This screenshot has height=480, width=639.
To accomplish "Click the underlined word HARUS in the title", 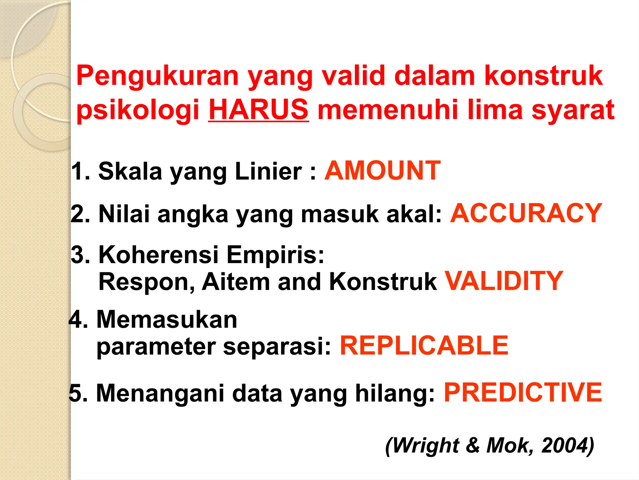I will pos(259,109).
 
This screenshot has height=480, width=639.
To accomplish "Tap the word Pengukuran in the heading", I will pos(158,76).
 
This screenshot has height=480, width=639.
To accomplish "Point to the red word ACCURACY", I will pos(526,213).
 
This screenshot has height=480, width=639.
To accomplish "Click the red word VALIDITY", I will pos(504,281).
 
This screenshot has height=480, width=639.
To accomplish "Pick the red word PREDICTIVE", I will pos(523,392).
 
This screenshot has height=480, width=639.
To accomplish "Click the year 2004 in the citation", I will pos(564,445).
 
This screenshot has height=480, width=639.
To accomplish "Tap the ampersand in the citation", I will pos(473,445).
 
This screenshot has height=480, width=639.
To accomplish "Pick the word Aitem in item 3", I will pos(236,282).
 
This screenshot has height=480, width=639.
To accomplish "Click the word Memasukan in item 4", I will pos(167,320).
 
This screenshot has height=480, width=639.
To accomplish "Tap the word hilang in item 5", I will pos(394,393).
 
